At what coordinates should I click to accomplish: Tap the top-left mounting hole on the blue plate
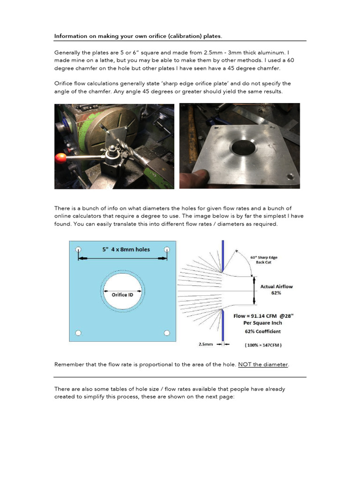click(x=79, y=250)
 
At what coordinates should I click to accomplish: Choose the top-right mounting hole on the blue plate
click(x=167, y=250)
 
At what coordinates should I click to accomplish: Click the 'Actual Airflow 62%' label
click(x=277, y=289)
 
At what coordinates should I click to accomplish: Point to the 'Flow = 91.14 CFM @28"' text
click(x=263, y=316)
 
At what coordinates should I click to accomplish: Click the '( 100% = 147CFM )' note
click(x=263, y=345)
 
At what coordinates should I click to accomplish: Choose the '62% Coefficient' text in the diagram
click(x=262, y=331)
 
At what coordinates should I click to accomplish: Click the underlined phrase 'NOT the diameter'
click(x=263, y=364)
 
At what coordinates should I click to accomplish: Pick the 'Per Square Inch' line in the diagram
click(x=262, y=323)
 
